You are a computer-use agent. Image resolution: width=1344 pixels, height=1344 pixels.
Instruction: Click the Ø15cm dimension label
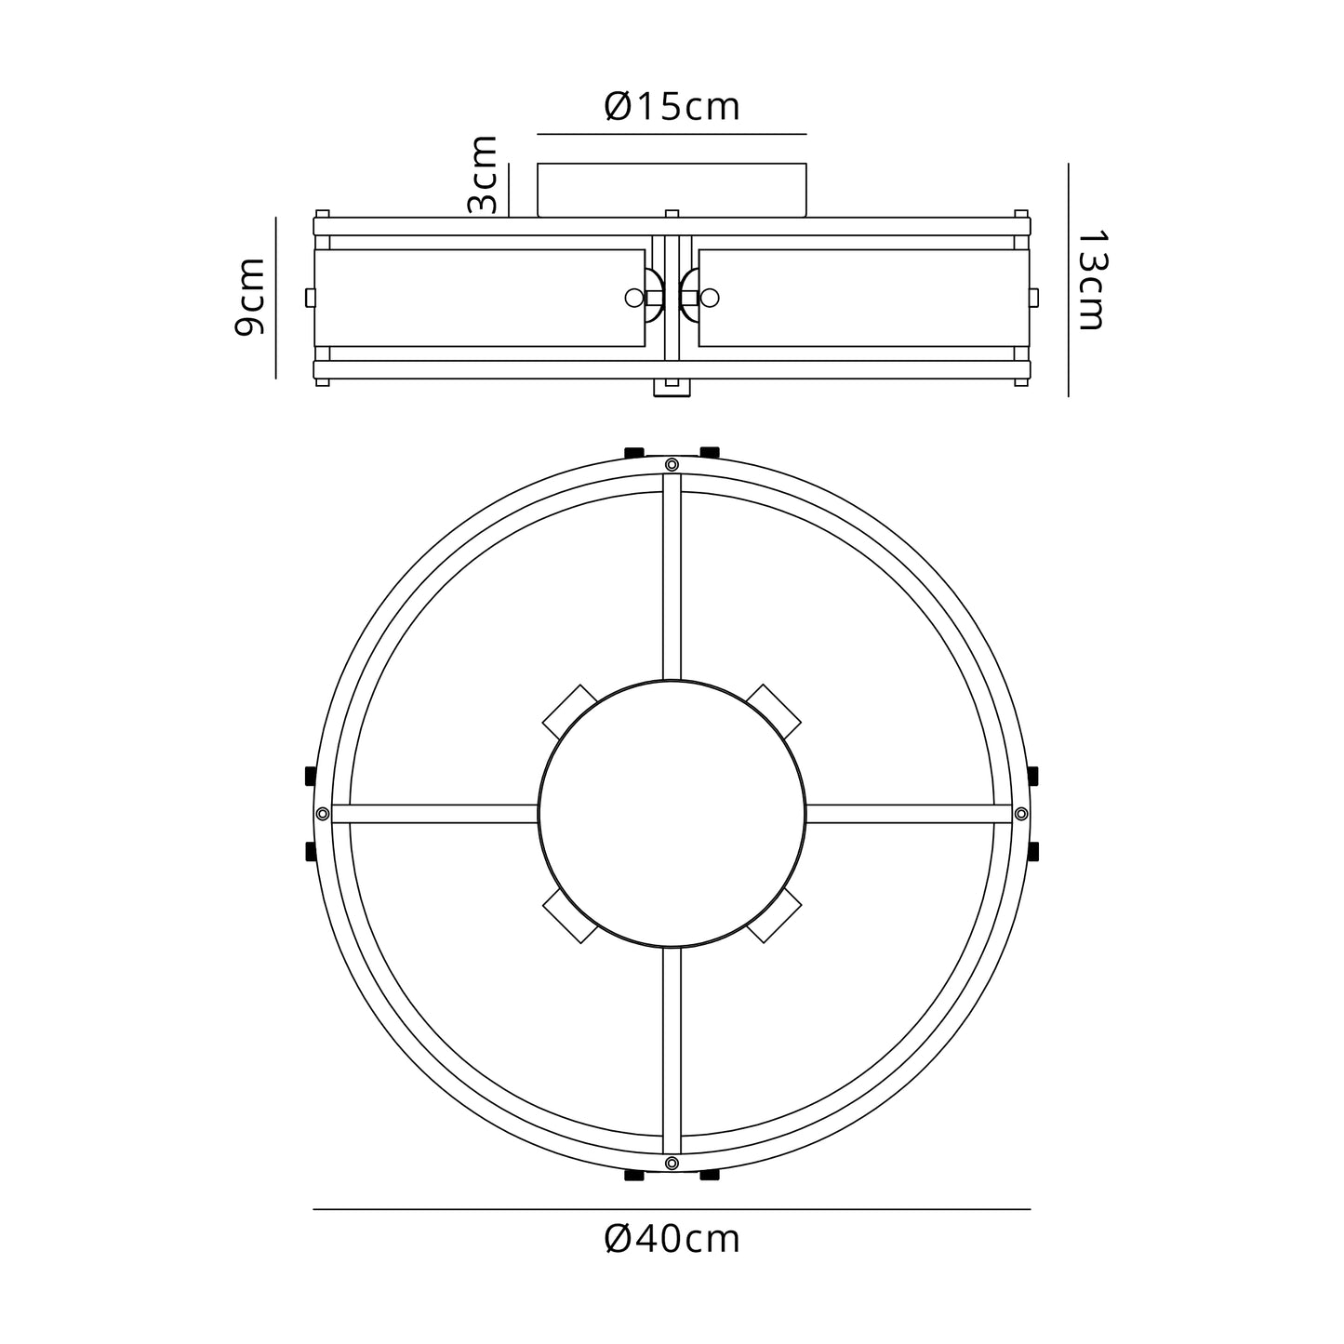point(671,107)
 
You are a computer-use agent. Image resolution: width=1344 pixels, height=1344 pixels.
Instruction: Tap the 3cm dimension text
point(483,175)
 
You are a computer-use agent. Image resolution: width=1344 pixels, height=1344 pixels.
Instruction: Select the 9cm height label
point(249,297)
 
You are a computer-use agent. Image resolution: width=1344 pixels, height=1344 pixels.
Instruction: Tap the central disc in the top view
point(672,813)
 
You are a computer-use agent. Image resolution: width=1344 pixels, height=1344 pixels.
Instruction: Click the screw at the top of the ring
point(672,464)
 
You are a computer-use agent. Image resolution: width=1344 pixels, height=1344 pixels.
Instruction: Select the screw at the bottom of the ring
point(672,1163)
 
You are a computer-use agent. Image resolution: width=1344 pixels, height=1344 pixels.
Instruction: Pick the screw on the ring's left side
point(322,813)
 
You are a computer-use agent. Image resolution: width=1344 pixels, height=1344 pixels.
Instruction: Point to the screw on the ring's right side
point(1021,813)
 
